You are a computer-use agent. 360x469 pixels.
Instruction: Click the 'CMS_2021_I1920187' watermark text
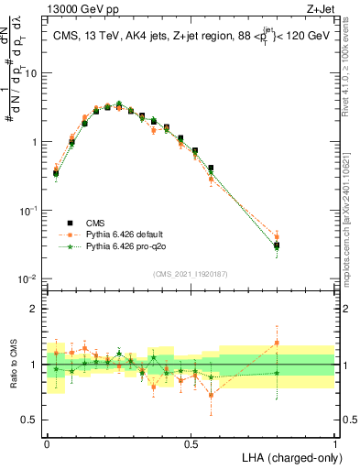pyautogui.click(x=191, y=273)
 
